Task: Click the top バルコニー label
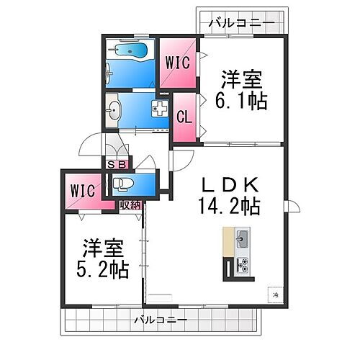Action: pyautogui.click(x=240, y=24)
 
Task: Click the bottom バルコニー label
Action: pyautogui.click(x=161, y=318)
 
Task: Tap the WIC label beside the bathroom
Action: pyautogui.click(x=178, y=63)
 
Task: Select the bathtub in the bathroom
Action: pyautogui.click(x=131, y=51)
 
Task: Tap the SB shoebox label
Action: pyautogui.click(x=114, y=164)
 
